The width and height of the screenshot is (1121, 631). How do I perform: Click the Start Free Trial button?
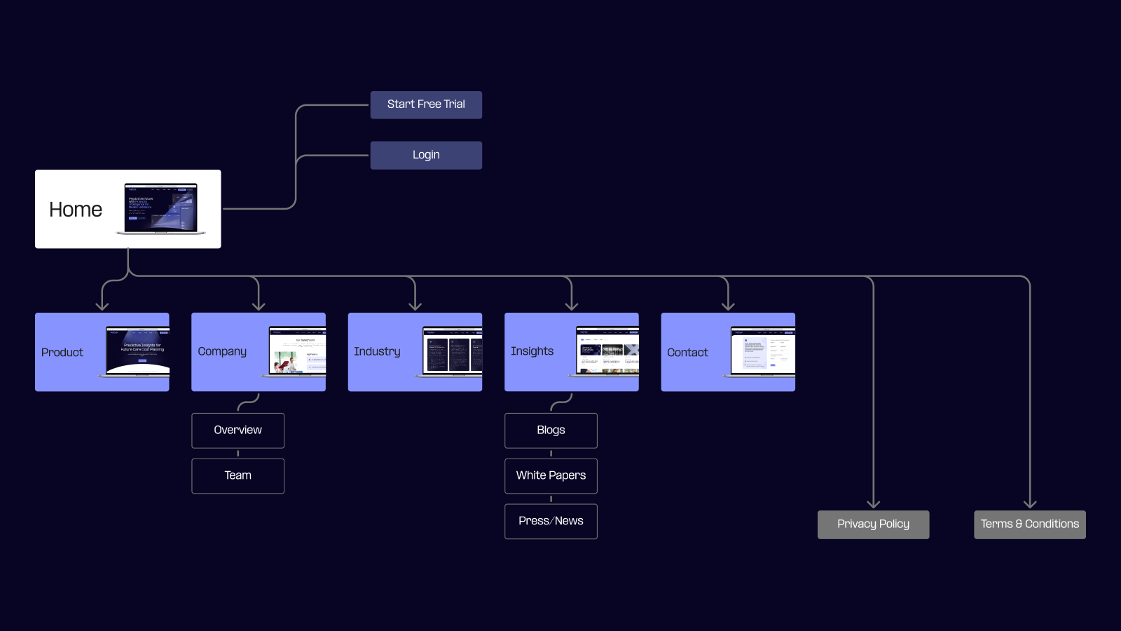coord(426,104)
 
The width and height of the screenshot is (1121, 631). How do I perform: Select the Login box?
coord(426,155)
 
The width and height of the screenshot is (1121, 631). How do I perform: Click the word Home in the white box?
coord(76,210)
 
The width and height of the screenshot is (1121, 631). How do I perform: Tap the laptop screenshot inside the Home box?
coord(161,208)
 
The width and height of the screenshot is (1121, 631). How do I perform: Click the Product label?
coord(62,353)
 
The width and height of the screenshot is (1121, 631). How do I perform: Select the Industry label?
coord(377,352)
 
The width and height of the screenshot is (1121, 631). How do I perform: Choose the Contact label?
coord(687,353)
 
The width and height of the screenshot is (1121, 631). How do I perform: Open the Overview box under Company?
coord(238,430)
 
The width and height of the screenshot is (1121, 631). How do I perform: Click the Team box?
coord(238,476)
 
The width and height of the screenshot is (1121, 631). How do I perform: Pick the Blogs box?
coord(551,430)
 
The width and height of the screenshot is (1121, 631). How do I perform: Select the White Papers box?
coord(551,476)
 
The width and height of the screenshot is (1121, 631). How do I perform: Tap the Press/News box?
coord(551,522)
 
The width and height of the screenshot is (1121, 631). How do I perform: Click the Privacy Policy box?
coord(873,524)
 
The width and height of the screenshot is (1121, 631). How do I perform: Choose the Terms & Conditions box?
coord(1029,524)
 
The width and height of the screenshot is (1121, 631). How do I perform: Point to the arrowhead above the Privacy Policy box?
coord(873,503)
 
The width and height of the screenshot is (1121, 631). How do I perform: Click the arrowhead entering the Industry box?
coord(415,306)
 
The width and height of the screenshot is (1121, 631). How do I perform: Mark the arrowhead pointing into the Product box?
coord(102,306)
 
